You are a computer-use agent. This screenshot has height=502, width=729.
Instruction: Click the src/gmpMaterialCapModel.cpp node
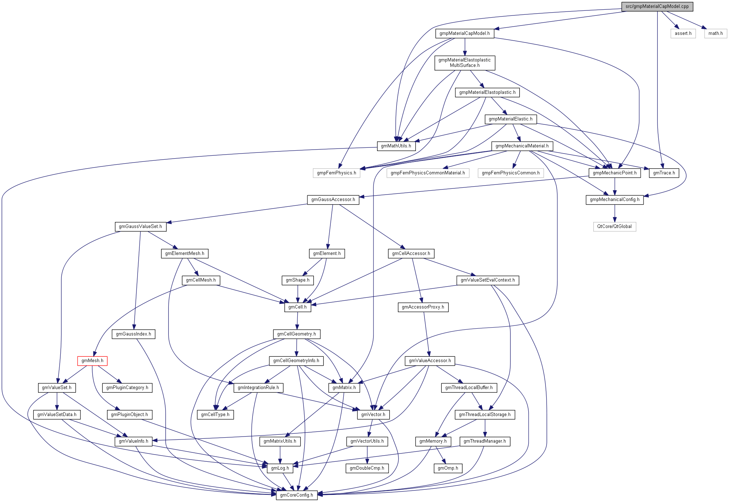click(657, 6)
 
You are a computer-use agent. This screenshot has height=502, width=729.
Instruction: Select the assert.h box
click(683, 33)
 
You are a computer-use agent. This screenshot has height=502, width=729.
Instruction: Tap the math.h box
click(715, 33)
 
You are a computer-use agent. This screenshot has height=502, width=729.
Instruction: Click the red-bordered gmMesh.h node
click(92, 361)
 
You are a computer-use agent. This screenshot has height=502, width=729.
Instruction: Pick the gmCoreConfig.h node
click(297, 495)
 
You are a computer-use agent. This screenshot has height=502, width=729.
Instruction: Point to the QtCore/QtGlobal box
click(614, 227)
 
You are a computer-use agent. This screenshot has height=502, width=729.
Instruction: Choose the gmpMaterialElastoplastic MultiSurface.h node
click(464, 63)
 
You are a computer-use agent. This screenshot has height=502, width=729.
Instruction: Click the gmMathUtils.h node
click(396, 146)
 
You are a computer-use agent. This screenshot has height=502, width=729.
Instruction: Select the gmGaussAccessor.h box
click(333, 200)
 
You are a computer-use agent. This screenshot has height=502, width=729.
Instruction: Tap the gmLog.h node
click(280, 468)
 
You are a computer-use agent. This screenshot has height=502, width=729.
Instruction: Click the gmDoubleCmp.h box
click(367, 468)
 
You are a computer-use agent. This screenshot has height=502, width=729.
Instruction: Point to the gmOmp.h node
click(448, 468)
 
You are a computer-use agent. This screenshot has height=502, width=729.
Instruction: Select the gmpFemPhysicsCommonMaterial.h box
click(427, 173)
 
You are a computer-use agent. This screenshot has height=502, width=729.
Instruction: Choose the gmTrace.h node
click(664, 173)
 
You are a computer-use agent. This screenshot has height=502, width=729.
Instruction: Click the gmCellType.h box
click(215, 415)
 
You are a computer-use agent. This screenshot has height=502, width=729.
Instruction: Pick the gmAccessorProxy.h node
click(423, 307)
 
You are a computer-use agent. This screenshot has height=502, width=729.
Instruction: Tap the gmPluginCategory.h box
click(127, 388)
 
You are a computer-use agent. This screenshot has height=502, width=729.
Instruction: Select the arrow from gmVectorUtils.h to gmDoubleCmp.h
click(367, 455)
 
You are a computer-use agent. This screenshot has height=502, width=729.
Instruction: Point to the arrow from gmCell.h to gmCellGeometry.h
click(297, 321)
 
